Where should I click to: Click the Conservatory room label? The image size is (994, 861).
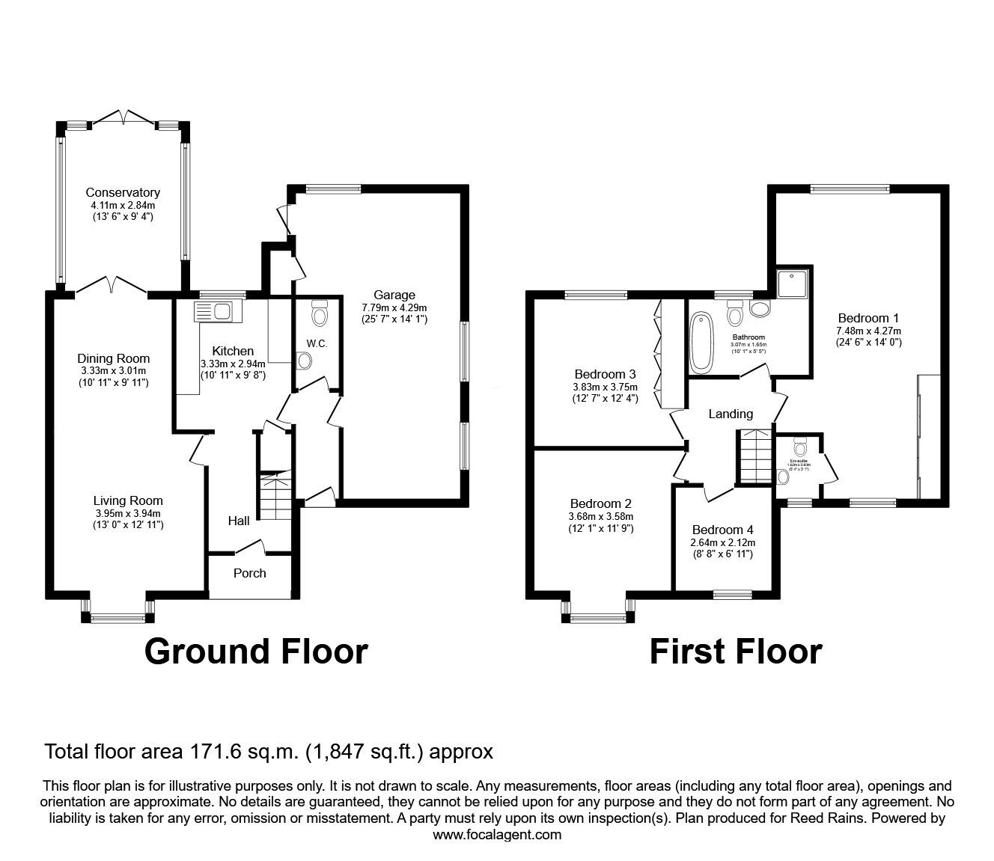[x=122, y=192]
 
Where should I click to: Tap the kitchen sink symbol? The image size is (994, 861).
[x=215, y=310]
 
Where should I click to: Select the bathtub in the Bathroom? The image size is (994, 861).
[x=703, y=343]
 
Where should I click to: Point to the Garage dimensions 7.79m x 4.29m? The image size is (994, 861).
[x=394, y=307]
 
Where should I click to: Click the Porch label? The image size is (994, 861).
[x=249, y=573]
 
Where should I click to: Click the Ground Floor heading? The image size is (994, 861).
[x=256, y=651]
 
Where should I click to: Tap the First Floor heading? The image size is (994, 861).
[x=735, y=651]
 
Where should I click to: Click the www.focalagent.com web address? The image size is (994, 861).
[x=497, y=835]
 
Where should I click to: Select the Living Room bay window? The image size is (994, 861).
[x=118, y=617]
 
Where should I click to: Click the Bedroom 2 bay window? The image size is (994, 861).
[x=597, y=617]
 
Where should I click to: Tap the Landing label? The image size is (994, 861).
[x=731, y=414]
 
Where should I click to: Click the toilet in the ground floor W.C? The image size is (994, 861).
[x=320, y=314]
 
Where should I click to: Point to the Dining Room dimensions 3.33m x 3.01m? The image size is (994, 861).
[x=113, y=371]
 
